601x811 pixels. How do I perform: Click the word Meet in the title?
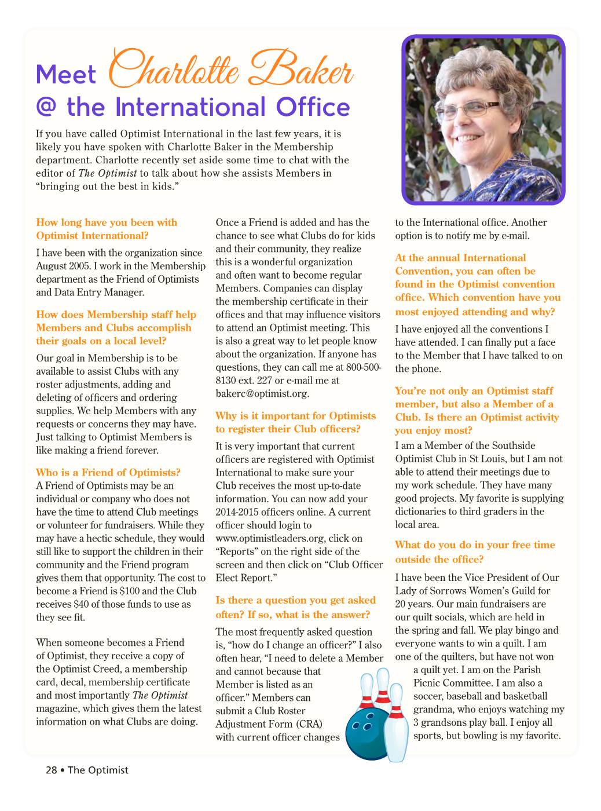[x=65, y=75]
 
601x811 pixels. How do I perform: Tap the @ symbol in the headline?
[x=46, y=108]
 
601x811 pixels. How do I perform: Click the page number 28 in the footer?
[x=52, y=770]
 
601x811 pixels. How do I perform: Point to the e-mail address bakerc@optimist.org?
[x=262, y=394]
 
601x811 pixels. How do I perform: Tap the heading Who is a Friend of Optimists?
[x=108, y=472]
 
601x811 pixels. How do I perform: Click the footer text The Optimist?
[x=98, y=770]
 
